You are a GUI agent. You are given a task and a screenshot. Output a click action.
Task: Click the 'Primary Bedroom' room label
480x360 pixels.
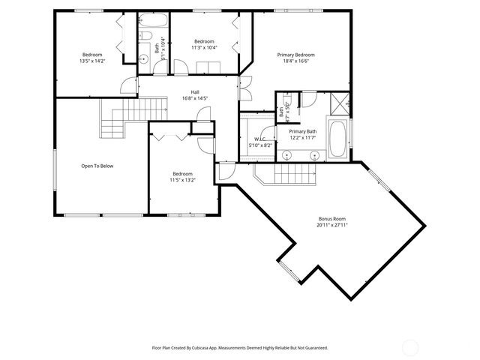pos(295,55)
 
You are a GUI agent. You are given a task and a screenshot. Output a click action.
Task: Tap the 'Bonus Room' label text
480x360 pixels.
pos(332,218)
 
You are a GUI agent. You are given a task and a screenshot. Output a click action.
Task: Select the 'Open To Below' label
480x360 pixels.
pos(97,166)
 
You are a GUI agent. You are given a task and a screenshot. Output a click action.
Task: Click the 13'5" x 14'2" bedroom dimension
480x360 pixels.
pos(92,61)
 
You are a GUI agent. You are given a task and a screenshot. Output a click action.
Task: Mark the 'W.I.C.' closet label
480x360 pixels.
pos(260,139)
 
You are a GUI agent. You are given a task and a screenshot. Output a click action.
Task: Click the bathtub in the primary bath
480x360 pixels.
pos(337,140)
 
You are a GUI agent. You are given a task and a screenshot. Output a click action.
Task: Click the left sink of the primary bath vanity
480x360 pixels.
pos(286,155)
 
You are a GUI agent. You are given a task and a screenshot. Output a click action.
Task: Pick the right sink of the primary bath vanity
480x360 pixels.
pos(315,155)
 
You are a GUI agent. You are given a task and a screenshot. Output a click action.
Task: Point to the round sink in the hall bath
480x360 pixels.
pos(144,58)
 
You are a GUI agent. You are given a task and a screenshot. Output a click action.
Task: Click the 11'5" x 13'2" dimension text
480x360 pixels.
pos(181,180)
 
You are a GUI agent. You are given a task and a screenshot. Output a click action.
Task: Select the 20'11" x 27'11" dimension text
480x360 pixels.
pos(332,225)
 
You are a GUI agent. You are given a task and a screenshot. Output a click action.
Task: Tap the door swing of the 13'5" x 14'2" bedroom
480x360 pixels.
pos(130,85)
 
